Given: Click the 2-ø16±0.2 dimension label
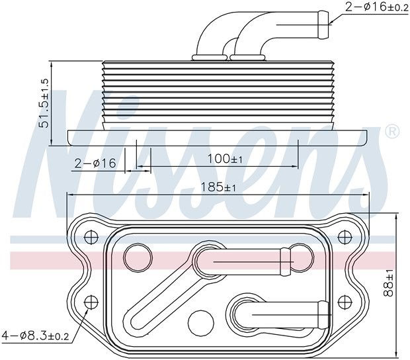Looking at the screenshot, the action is click(377, 7).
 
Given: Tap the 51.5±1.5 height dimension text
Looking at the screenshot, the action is click(44, 103).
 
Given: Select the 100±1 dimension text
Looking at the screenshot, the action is click(225, 159).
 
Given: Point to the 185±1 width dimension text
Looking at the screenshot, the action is click(218, 187).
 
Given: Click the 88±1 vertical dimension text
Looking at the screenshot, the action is click(388, 283).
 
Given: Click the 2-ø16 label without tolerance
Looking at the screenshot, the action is click(95, 163).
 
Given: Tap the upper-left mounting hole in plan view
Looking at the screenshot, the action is click(91, 238).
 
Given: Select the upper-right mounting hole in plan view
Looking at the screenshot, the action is click(345, 238).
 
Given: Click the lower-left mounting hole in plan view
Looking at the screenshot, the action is click(91, 302).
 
